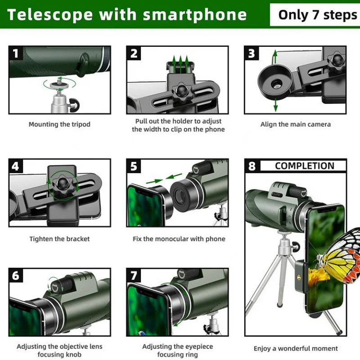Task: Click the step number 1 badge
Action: (x=16, y=54)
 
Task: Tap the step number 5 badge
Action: (x=134, y=166)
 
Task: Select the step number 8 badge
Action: (x=252, y=166)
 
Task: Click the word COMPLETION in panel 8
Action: (x=304, y=166)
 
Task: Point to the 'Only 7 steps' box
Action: (x=317, y=14)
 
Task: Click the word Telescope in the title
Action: (x=50, y=14)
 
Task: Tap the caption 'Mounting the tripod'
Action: (x=59, y=124)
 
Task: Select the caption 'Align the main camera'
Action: (x=295, y=124)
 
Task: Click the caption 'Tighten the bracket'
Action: (x=59, y=239)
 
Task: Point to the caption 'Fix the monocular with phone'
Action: (x=179, y=239)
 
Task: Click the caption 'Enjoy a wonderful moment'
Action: (x=295, y=348)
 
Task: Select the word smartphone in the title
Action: (x=195, y=14)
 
